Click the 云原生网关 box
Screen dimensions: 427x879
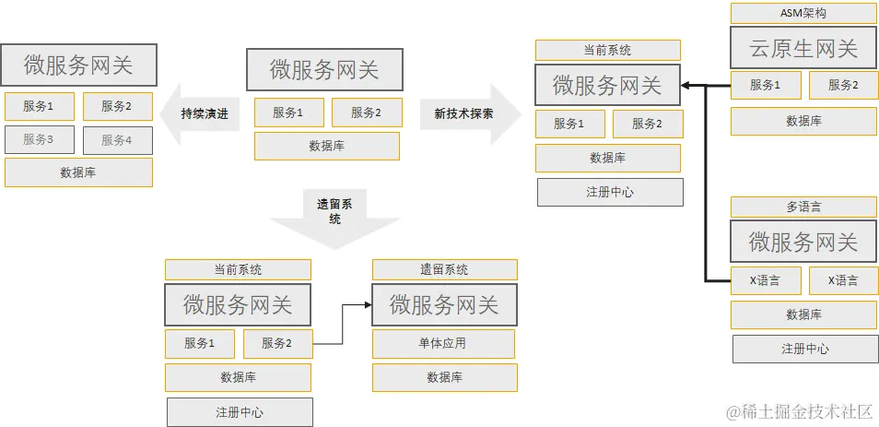(803, 48)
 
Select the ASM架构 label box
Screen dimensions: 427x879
(803, 13)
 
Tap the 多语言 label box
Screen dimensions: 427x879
(803, 208)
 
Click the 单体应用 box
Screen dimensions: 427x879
(443, 344)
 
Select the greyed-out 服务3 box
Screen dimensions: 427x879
(38, 140)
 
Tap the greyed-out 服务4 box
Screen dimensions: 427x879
(117, 140)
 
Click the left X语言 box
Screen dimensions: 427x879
(765, 280)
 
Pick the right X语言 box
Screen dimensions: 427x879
(843, 280)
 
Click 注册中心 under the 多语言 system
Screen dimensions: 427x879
(805, 349)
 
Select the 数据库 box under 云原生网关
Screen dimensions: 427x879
(803, 121)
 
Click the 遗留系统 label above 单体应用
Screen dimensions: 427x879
(444, 269)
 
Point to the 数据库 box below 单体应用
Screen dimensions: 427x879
(444, 377)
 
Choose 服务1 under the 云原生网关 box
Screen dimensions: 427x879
(765, 86)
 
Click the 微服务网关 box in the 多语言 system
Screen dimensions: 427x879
(803, 243)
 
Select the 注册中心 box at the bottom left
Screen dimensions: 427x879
(240, 411)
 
